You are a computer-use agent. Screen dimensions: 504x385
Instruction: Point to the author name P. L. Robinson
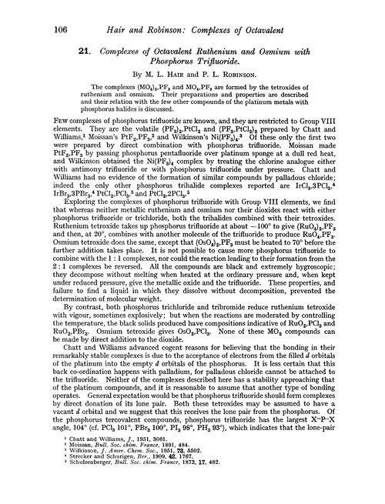tap(219, 65)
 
